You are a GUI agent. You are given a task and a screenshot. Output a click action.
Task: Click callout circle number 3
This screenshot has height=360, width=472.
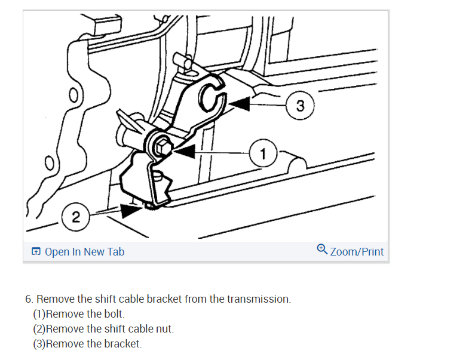(x=300, y=106)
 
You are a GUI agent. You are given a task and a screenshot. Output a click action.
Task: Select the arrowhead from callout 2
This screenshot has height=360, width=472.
(x=130, y=210)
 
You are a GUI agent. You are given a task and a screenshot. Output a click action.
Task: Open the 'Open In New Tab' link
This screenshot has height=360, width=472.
(x=84, y=251)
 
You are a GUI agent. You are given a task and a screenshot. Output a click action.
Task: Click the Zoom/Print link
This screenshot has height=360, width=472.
(x=357, y=251)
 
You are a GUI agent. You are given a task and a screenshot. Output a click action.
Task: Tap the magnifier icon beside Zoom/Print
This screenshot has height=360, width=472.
(x=322, y=249)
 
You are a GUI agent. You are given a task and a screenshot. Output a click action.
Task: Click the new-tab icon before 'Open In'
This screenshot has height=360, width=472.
(x=36, y=252)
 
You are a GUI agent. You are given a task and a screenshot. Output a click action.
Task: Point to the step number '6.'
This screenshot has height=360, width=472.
(x=29, y=299)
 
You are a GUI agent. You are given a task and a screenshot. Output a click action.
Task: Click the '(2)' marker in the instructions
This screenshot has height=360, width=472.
(x=39, y=329)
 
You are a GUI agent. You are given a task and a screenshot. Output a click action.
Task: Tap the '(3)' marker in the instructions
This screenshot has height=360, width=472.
(x=39, y=344)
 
